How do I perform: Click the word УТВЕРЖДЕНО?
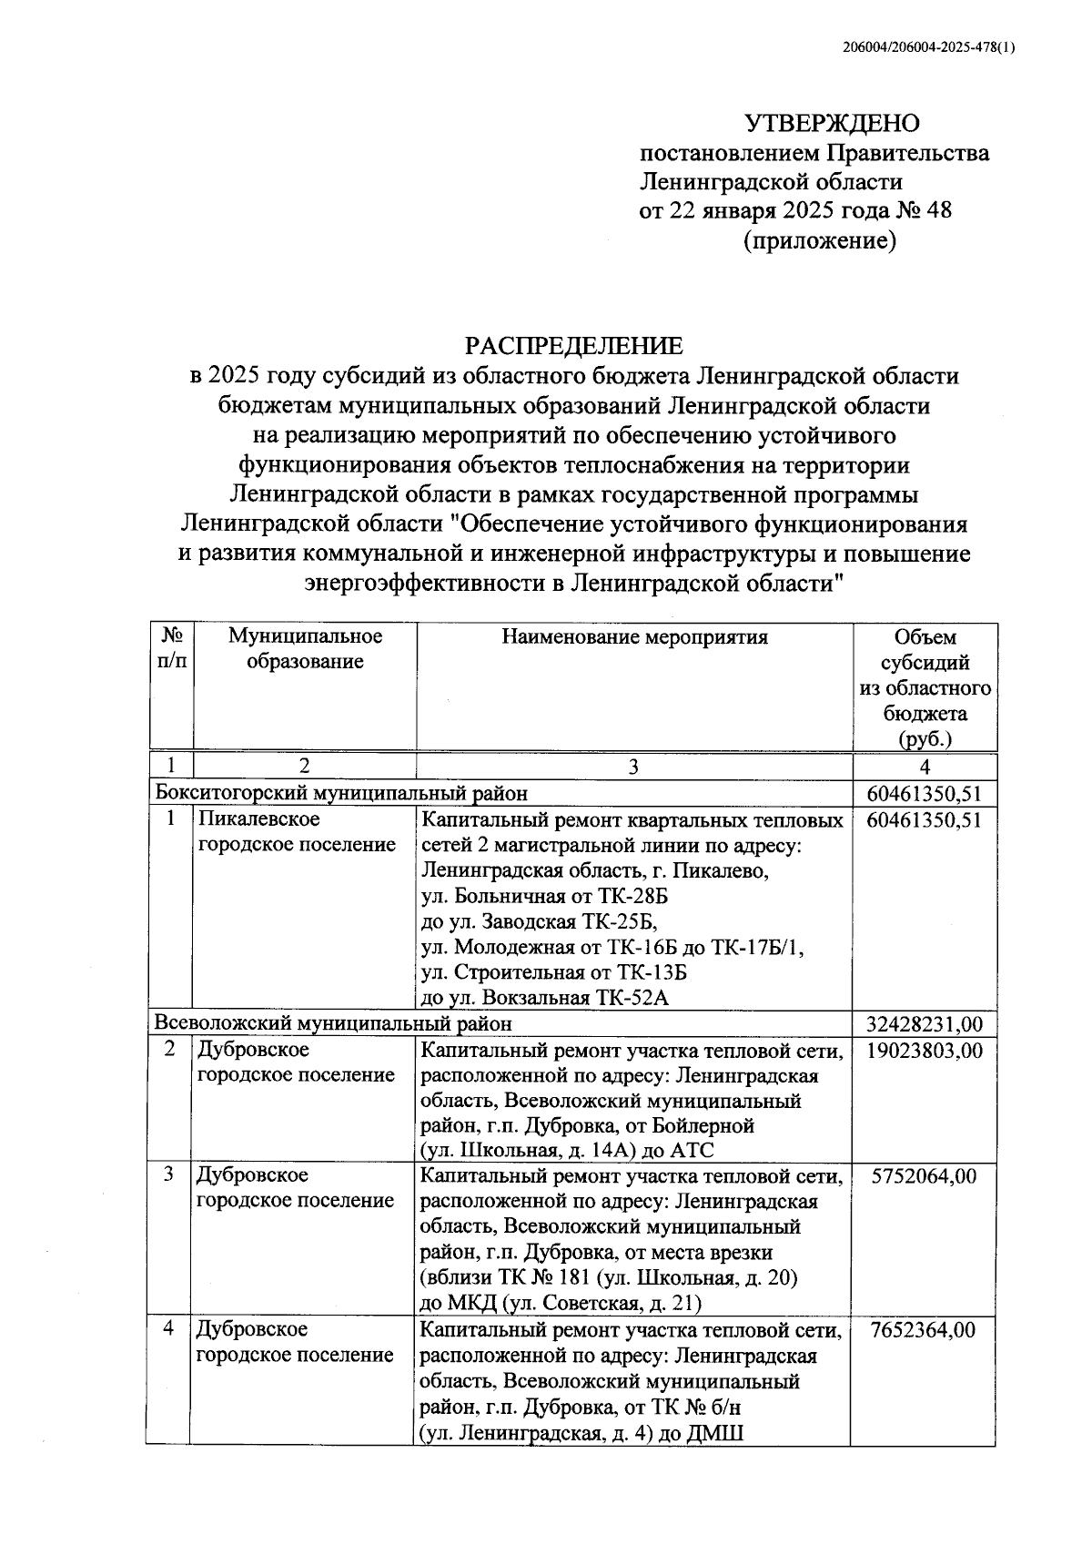click(832, 123)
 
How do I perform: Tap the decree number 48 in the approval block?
click(938, 211)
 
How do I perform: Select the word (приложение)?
click(820, 241)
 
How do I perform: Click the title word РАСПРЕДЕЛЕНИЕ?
click(573, 346)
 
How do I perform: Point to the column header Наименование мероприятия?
click(634, 637)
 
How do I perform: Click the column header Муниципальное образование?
click(305, 649)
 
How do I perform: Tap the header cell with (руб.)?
click(925, 738)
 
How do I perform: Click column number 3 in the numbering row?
click(633, 767)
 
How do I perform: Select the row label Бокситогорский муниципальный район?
click(341, 793)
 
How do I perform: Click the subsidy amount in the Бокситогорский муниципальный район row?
click(925, 793)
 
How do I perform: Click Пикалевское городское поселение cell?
click(297, 832)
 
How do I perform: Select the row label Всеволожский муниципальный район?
click(333, 1023)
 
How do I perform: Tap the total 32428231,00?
click(925, 1023)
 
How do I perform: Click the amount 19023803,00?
click(925, 1050)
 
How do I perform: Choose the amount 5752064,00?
click(925, 1175)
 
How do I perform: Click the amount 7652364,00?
click(923, 1329)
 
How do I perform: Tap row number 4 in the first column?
click(169, 1329)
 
